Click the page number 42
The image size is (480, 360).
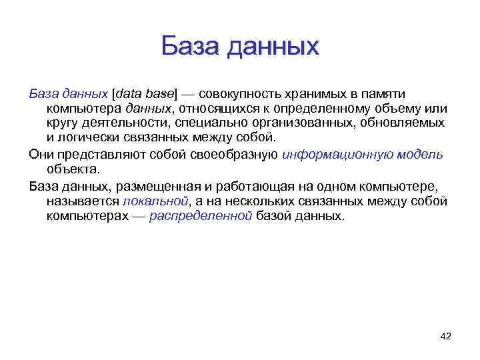(446, 336)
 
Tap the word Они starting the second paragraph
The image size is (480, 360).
(41, 154)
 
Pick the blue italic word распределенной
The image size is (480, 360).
(201, 216)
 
